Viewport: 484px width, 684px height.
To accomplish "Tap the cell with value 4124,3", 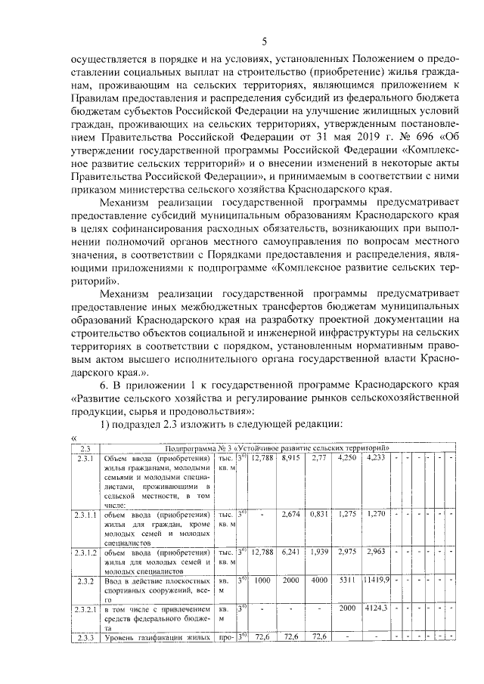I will tap(375, 608).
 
